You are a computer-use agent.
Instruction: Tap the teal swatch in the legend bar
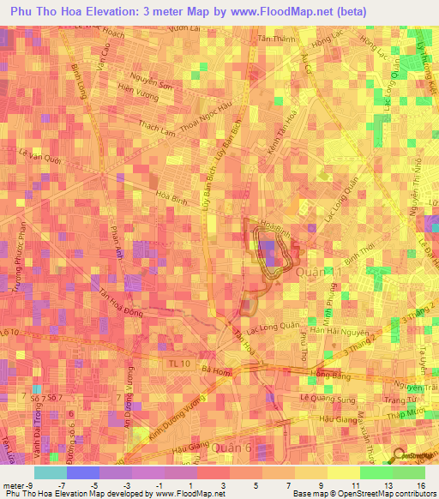pyautogui.click(x=50, y=472)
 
